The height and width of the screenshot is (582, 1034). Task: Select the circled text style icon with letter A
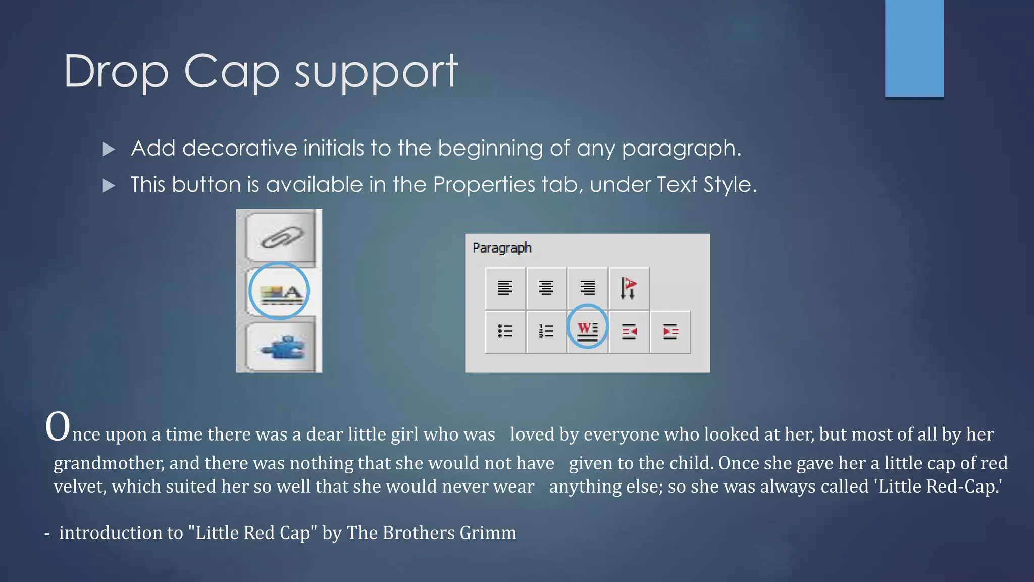click(x=279, y=292)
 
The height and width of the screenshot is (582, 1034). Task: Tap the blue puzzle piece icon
click(x=281, y=347)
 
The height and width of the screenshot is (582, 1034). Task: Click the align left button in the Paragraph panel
click(x=505, y=288)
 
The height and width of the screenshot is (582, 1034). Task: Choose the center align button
click(x=546, y=288)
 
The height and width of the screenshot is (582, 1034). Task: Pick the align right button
click(x=587, y=288)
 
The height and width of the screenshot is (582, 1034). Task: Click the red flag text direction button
click(x=629, y=288)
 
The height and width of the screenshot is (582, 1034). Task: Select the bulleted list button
click(x=505, y=331)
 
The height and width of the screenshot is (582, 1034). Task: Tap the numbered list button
click(x=546, y=331)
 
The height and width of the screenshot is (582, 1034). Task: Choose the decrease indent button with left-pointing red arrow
click(x=629, y=331)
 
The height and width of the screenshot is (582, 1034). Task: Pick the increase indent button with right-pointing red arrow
click(x=670, y=331)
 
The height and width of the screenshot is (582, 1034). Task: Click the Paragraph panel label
click(x=502, y=248)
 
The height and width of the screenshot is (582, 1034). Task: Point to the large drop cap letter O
click(x=58, y=427)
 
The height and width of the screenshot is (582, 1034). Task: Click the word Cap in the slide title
click(x=231, y=72)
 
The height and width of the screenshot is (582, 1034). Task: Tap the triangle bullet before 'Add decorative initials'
click(x=109, y=149)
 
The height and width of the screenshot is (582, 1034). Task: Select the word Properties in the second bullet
click(x=484, y=185)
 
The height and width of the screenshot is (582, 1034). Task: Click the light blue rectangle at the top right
click(x=914, y=48)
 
